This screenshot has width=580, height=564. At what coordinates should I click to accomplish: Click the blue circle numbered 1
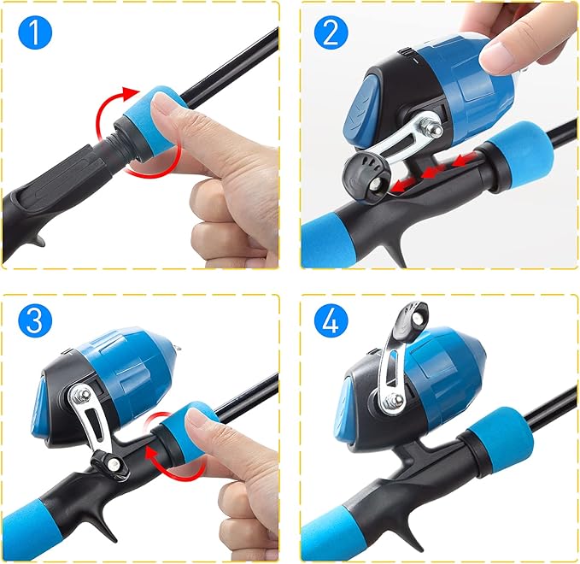tap(35, 32)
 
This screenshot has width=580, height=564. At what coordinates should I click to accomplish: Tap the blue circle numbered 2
tap(331, 32)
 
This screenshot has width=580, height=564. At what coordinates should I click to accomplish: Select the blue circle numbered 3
tap(35, 320)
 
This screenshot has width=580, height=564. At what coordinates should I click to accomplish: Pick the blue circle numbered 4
tap(331, 320)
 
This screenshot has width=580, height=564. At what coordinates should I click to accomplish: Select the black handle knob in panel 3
tap(110, 462)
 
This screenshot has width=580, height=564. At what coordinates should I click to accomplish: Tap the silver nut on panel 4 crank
tap(394, 401)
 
